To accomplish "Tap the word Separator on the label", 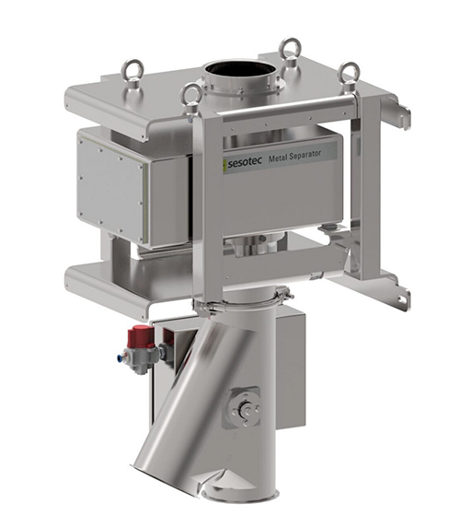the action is click(x=306, y=155).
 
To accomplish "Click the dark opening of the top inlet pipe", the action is click(x=240, y=71).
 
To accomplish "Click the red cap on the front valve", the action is click(x=141, y=336).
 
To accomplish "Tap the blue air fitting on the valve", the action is click(x=121, y=357).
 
